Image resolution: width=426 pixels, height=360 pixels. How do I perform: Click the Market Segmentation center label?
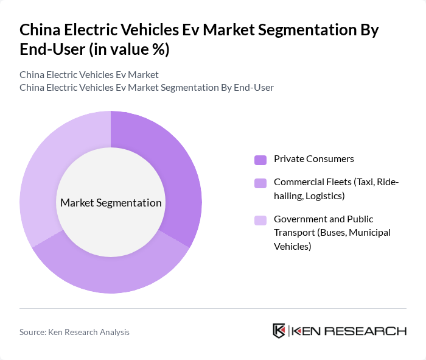(x=111, y=203)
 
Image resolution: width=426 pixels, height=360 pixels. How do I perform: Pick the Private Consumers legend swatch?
(x=260, y=160)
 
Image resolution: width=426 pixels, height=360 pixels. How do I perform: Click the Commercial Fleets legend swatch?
(x=260, y=183)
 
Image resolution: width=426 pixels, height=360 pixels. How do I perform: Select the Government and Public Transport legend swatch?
(x=260, y=220)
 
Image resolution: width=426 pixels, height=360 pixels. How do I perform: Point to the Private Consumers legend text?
(x=313, y=159)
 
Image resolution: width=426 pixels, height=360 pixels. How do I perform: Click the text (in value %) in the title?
(x=129, y=50)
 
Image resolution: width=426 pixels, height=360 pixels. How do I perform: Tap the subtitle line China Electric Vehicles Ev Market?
(x=89, y=74)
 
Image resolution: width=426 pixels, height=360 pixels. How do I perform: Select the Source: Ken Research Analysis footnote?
(x=74, y=332)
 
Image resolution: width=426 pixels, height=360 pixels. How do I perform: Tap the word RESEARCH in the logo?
(x=372, y=331)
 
